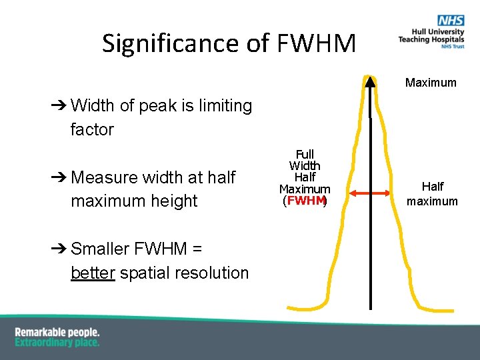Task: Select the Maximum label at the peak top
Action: click(431, 83)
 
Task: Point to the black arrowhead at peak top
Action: click(370, 81)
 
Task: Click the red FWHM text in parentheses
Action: click(305, 201)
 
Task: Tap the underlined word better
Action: click(93, 273)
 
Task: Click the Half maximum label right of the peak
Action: click(432, 194)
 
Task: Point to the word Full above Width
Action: click(305, 155)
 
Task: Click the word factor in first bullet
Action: click(92, 129)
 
